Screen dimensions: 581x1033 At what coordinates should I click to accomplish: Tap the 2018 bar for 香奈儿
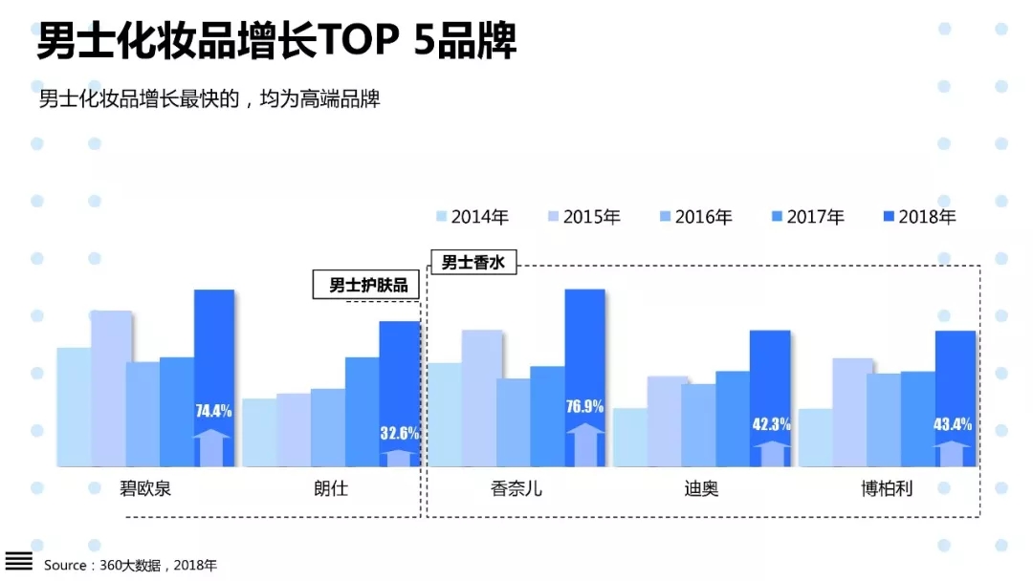click(x=584, y=344)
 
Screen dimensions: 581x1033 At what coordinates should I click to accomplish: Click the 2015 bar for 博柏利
click(x=852, y=412)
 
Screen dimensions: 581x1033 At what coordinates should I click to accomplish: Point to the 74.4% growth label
click(x=214, y=412)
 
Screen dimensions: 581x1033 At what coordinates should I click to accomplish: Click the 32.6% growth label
click(x=400, y=433)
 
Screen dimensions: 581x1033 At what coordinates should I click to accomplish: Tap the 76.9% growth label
click(x=584, y=407)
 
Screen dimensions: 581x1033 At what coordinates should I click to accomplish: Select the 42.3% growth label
click(x=771, y=424)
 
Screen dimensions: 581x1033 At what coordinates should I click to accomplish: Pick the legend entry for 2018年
click(x=919, y=217)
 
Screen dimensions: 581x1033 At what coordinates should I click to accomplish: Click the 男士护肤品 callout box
click(x=367, y=285)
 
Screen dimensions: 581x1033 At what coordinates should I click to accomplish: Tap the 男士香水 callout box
click(x=473, y=263)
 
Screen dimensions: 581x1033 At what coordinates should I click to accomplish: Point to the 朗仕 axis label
click(x=331, y=489)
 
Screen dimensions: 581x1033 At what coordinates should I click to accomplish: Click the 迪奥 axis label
click(x=701, y=489)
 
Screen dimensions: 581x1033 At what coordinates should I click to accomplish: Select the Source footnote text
click(x=130, y=565)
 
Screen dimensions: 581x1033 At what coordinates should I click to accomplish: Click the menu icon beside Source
click(x=19, y=561)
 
